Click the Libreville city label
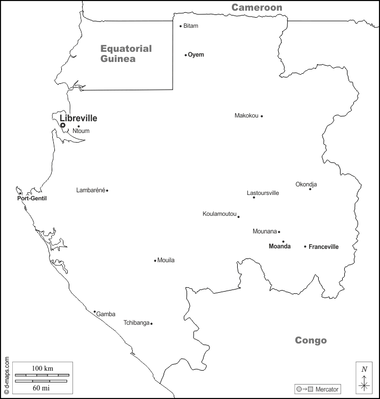tap(78, 118)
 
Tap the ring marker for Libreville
tap(63, 126)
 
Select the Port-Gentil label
tap(32, 199)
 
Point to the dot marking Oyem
tap(185, 55)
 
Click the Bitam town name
tap(191, 26)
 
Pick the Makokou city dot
tap(262, 116)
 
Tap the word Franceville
tap(324, 247)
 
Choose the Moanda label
tap(280, 247)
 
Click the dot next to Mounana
tap(279, 232)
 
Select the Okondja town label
tap(306, 184)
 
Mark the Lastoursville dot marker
tap(254, 198)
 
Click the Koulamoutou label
tap(219, 214)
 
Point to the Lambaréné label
tap(91, 190)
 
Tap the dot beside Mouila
tap(155, 261)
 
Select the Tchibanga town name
tap(136, 323)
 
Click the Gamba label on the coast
tap(106, 315)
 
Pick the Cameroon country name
tap(256, 7)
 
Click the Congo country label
tap(311, 340)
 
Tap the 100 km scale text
tap(42, 369)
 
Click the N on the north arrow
tap(364, 369)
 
